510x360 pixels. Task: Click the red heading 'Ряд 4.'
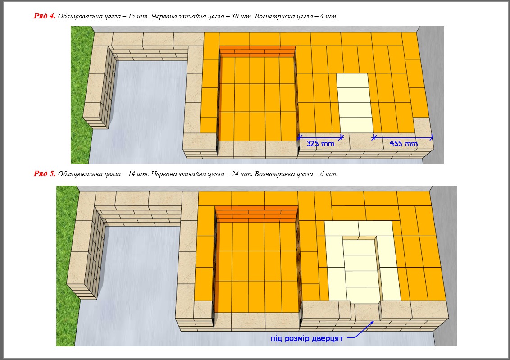click(x=44, y=16)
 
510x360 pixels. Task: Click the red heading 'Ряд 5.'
click(x=44, y=173)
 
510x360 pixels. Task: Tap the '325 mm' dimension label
click(x=320, y=143)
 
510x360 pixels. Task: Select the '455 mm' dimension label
click(x=404, y=143)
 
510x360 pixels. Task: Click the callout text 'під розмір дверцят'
click(x=307, y=338)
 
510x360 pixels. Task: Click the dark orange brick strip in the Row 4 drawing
click(x=257, y=51)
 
